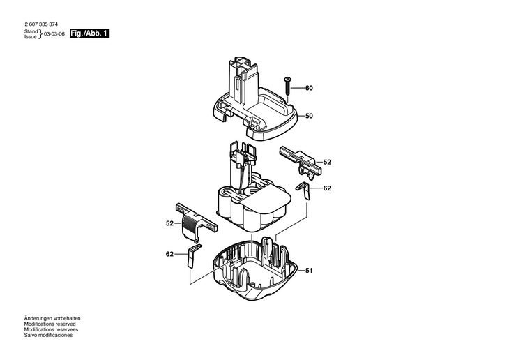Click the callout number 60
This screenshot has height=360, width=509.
(x=309, y=88)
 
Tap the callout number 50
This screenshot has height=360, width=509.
(x=309, y=116)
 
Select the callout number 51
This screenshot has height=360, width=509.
(x=309, y=271)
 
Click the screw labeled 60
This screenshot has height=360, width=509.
(x=287, y=85)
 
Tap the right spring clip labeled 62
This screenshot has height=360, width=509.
(x=303, y=190)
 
